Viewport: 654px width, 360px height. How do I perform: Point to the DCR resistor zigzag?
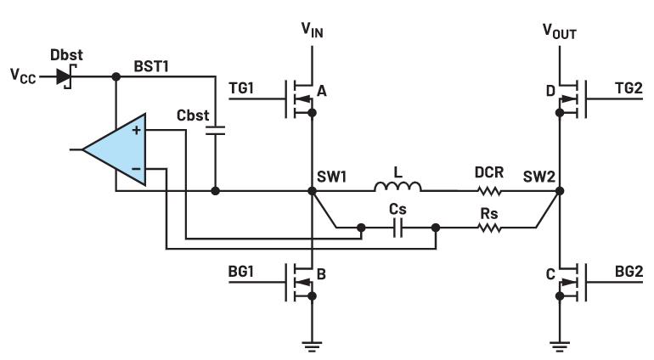point(489,191)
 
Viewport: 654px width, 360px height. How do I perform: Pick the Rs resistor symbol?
point(489,228)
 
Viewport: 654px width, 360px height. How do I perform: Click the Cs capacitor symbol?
point(397,228)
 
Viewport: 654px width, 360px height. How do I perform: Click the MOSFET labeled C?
point(568,283)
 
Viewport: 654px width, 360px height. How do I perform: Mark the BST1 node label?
point(154,64)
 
